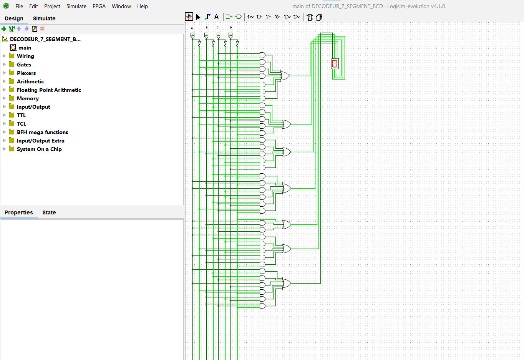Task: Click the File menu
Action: pyautogui.click(x=19, y=6)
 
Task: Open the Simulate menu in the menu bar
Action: pyautogui.click(x=76, y=6)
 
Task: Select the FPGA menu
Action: pyautogui.click(x=99, y=6)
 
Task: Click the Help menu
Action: pyautogui.click(x=142, y=6)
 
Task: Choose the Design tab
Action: pyautogui.click(x=14, y=18)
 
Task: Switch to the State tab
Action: pyautogui.click(x=49, y=212)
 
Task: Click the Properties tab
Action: pyautogui.click(x=19, y=212)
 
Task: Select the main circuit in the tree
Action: pyautogui.click(x=25, y=48)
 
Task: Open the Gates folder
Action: pyautogui.click(x=24, y=65)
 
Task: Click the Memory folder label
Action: pyautogui.click(x=28, y=98)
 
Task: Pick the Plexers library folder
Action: pyautogui.click(x=26, y=73)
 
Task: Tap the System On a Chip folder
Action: pyautogui.click(x=39, y=149)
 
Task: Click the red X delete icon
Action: pyautogui.click(x=42, y=28)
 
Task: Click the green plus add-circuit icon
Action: pyautogui.click(x=4, y=29)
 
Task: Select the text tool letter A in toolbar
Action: pyautogui.click(x=216, y=17)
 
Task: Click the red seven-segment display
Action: pyautogui.click(x=335, y=64)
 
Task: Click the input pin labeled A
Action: pyautogui.click(x=192, y=36)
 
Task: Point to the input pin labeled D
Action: pyautogui.click(x=230, y=36)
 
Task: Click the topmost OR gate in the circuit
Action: pyautogui.click(x=285, y=76)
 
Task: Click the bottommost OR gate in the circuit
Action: pyautogui.click(x=287, y=283)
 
